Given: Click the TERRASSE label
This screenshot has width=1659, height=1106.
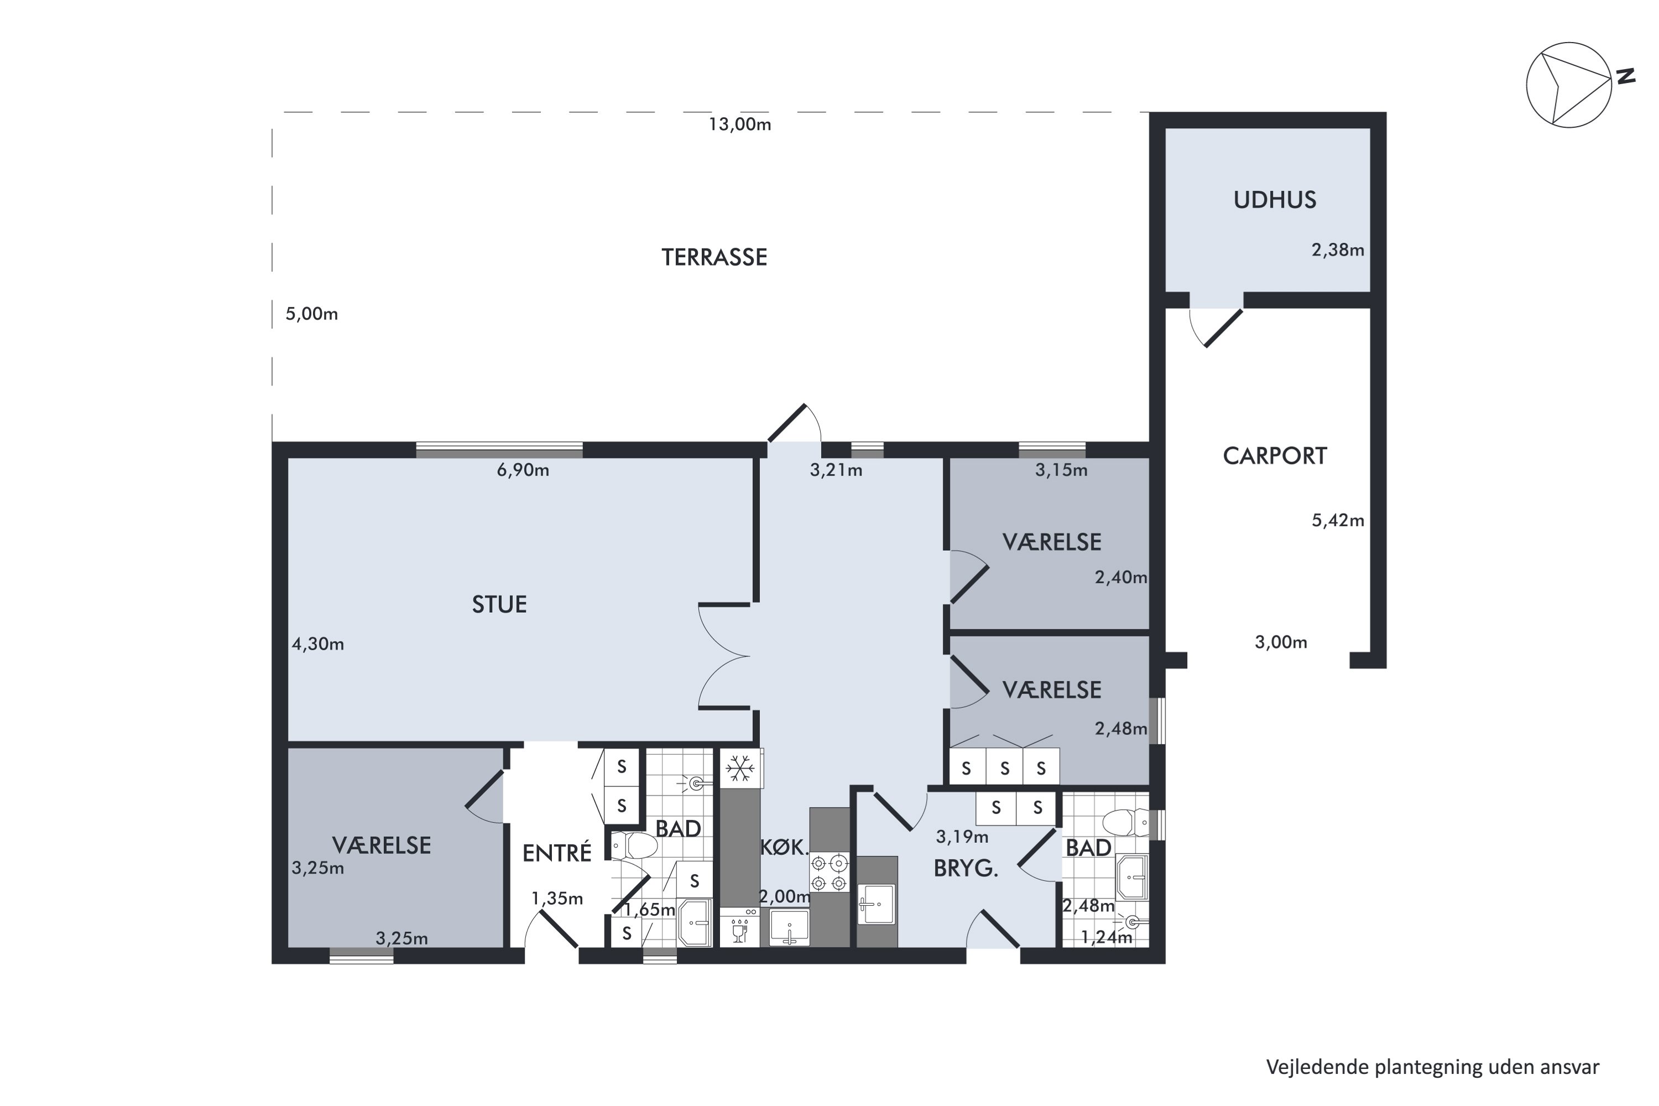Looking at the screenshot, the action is pyautogui.click(x=714, y=257).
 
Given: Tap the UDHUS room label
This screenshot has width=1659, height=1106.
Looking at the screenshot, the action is pyautogui.click(x=1275, y=200).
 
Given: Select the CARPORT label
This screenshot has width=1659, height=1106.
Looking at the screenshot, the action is pyautogui.click(x=1275, y=456).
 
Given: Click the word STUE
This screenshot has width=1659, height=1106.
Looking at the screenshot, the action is pyautogui.click(x=499, y=604).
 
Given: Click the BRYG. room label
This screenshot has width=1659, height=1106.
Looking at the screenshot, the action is pyautogui.click(x=966, y=869).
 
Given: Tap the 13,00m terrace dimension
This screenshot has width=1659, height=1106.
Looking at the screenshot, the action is pyautogui.click(x=740, y=125).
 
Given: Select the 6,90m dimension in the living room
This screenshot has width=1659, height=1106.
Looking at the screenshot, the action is pyautogui.click(x=523, y=469).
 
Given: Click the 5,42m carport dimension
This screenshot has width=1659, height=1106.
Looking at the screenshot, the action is pyautogui.click(x=1337, y=520).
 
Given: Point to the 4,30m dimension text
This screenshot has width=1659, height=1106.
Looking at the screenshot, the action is pyautogui.click(x=318, y=644).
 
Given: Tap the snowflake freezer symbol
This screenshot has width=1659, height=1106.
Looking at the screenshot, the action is pyautogui.click(x=739, y=768).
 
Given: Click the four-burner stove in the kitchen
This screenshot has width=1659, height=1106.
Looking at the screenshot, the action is pyautogui.click(x=829, y=873).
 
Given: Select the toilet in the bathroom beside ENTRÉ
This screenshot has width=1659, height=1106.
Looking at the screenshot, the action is pyautogui.click(x=633, y=845).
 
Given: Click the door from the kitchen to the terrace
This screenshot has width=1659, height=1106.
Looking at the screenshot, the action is pyautogui.click(x=794, y=423).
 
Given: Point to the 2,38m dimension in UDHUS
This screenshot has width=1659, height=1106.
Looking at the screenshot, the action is pyautogui.click(x=1337, y=250).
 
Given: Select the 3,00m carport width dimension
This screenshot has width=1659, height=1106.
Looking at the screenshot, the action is pyautogui.click(x=1281, y=643).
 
